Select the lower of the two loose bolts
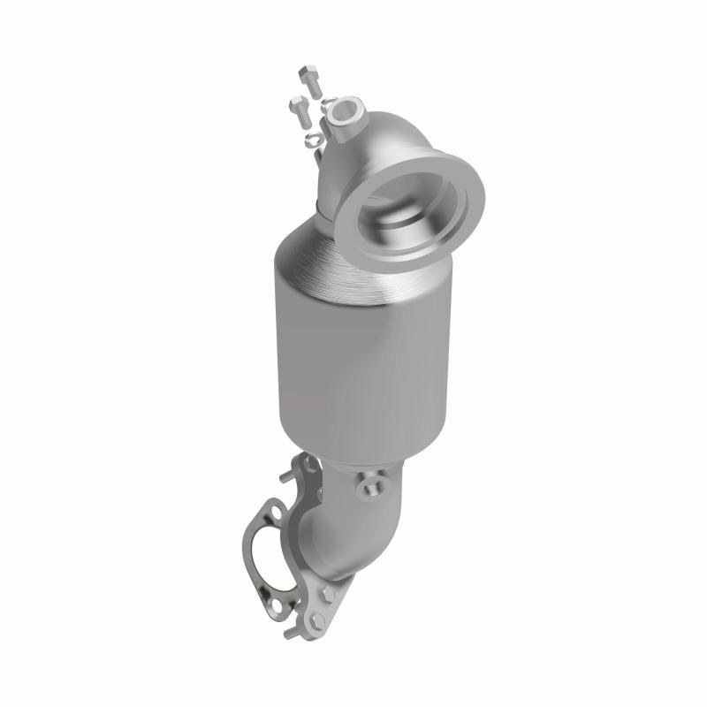300,109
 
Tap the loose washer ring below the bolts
312,139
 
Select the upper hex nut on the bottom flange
330,593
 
